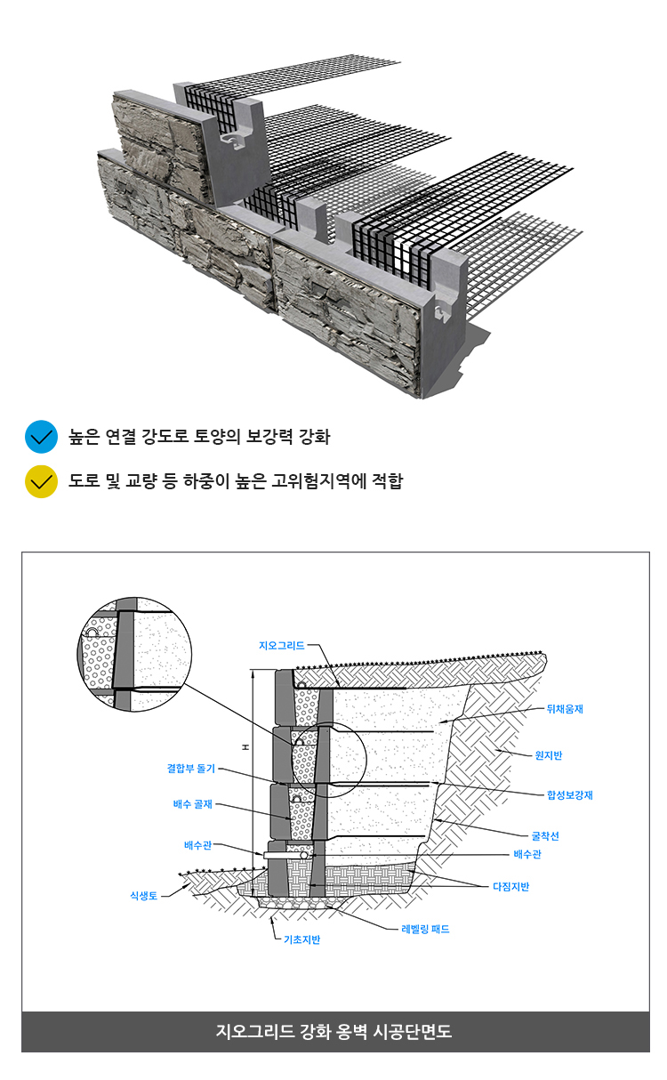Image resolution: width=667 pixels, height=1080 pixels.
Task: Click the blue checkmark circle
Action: tap(42, 437)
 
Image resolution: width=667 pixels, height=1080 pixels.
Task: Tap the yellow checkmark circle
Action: tap(42, 481)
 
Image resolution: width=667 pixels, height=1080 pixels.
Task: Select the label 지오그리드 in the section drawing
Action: tap(281, 646)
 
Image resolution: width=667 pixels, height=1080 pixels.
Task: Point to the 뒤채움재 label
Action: tap(565, 709)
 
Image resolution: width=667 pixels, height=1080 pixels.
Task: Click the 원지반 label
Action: tap(549, 755)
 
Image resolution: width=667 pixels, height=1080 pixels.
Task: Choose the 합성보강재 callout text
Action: tap(570, 795)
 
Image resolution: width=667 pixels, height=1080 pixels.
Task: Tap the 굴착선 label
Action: tap(545, 836)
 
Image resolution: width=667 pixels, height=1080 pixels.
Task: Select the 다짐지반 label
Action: tap(510, 887)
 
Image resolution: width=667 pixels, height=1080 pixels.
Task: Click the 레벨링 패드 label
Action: tap(425, 929)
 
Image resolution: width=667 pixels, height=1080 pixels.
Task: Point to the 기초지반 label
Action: tap(301, 939)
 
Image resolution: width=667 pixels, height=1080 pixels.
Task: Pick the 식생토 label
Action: tap(143, 895)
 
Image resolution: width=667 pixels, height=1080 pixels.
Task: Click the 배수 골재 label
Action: tap(193, 803)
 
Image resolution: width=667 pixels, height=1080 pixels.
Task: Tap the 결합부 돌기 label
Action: tap(191, 768)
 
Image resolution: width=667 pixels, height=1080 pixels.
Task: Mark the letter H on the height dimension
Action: tap(245, 747)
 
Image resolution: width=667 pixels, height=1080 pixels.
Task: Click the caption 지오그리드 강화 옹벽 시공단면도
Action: tap(333, 1031)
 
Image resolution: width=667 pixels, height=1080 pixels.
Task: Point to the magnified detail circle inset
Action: tap(134, 654)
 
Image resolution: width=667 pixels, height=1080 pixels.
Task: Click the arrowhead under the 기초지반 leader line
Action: tap(273, 919)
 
